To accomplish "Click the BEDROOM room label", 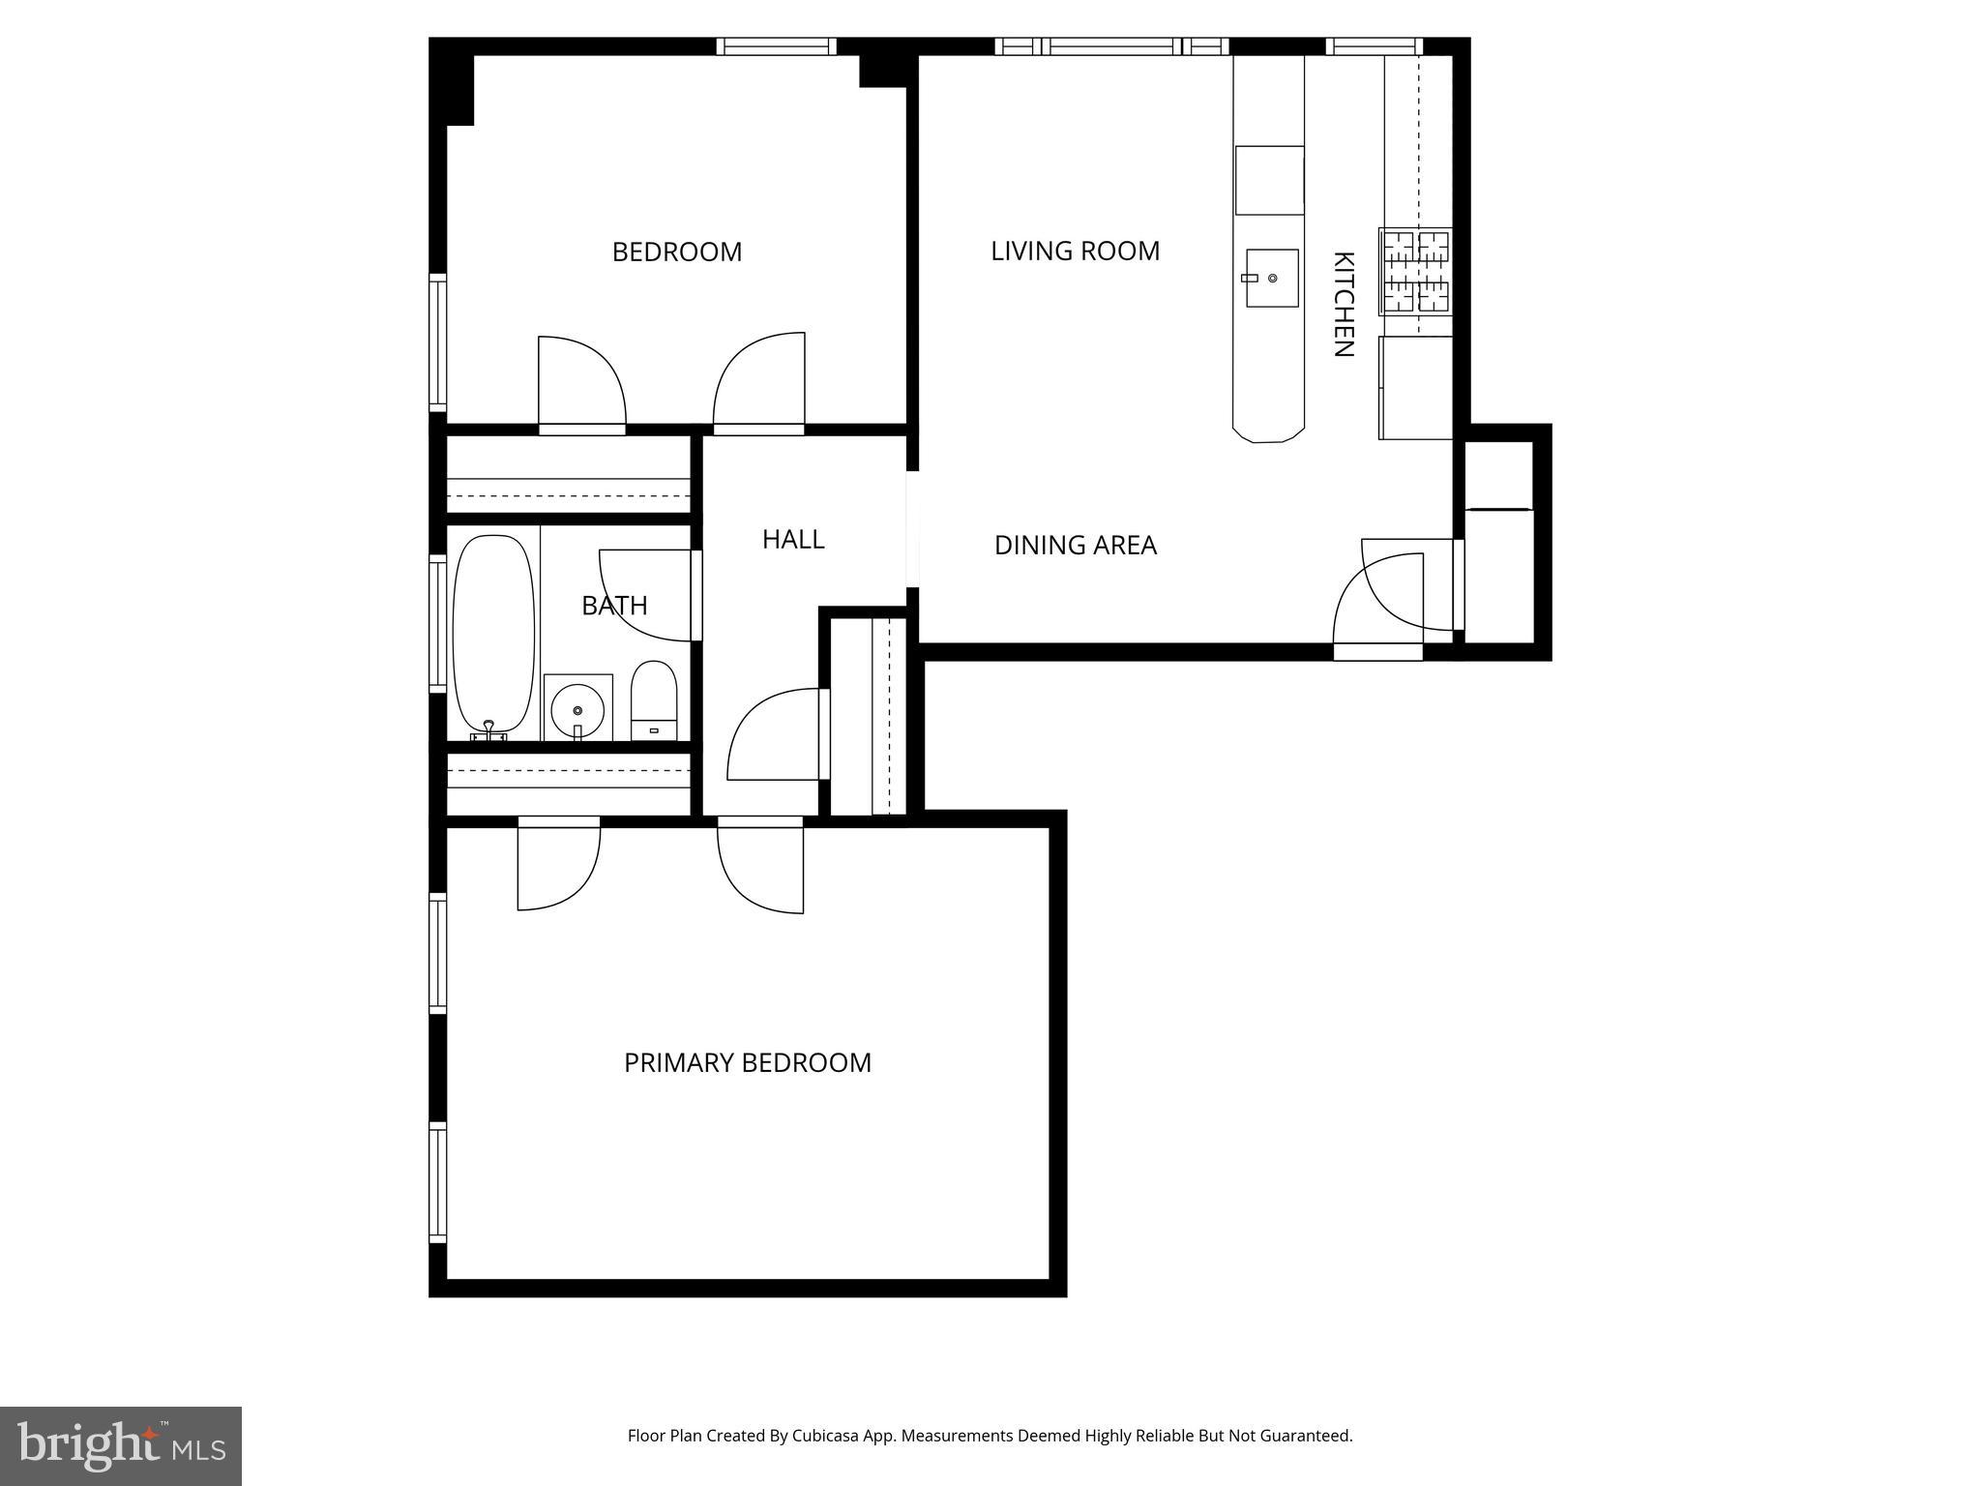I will [x=677, y=253].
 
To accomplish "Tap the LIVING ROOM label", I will [x=1075, y=252].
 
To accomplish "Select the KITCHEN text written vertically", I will [x=1343, y=305].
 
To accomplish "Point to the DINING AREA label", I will [x=1075, y=546].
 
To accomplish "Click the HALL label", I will [x=793, y=540].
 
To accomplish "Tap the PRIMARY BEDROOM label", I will [x=747, y=1063].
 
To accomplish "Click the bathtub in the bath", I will [x=493, y=634].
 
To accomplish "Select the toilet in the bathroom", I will [x=654, y=698].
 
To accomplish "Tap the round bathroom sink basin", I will [x=577, y=711].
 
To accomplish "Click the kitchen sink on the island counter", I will [x=1272, y=278].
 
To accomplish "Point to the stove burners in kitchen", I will [x=1415, y=272].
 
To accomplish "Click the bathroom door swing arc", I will [x=643, y=595].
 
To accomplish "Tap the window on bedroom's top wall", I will [x=776, y=46].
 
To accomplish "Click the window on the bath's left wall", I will [x=438, y=624].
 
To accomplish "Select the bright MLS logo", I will [x=120, y=1445].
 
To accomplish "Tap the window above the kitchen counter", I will [x=1374, y=46].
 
